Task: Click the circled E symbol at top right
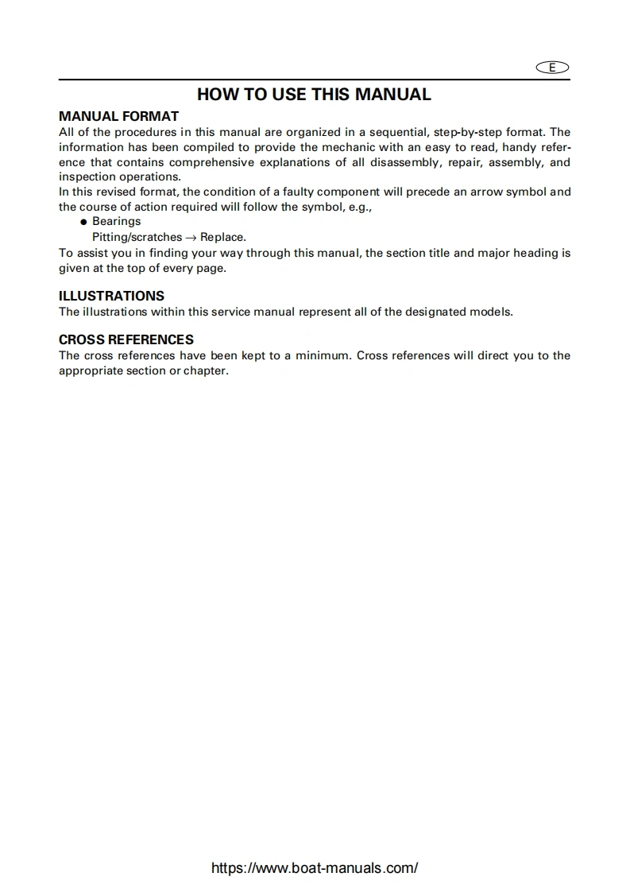pos(553,68)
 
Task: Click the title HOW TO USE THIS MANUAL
pos(314,94)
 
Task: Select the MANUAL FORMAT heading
pos(118,116)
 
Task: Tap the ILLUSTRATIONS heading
pos(111,296)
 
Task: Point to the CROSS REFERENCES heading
pos(126,339)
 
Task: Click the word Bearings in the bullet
pos(116,221)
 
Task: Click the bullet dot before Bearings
pos(83,222)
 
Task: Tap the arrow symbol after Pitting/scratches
pos(191,237)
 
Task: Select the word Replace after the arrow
pos(222,237)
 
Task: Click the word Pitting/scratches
pos(137,237)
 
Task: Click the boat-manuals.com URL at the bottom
pos(315,868)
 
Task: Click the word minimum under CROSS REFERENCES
pos(322,355)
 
